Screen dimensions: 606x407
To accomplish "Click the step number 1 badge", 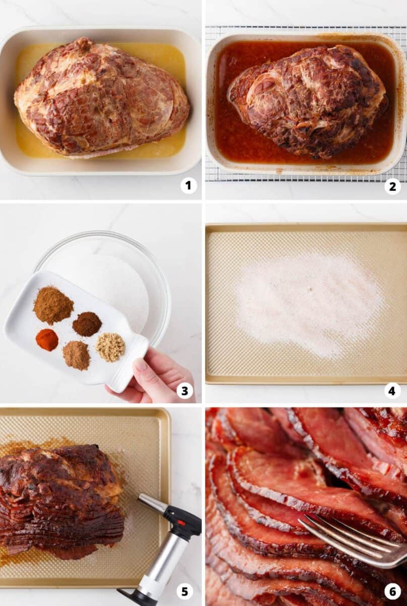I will click(189, 186).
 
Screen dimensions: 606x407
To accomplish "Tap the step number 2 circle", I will click(392, 186).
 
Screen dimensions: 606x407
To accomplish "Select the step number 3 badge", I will click(185, 390).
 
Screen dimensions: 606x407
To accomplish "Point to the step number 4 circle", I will click(392, 390).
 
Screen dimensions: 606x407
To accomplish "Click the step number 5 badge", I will click(185, 591).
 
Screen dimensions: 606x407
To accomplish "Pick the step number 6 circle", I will click(392, 591).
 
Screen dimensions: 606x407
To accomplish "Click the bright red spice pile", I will click(47, 340).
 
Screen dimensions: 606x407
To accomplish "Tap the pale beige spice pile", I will click(110, 347).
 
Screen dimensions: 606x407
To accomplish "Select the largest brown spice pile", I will click(53, 305).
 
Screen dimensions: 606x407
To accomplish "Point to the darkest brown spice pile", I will click(87, 324).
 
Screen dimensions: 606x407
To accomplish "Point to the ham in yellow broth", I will click(101, 96).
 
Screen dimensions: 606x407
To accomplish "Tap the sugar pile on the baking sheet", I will click(308, 303).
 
